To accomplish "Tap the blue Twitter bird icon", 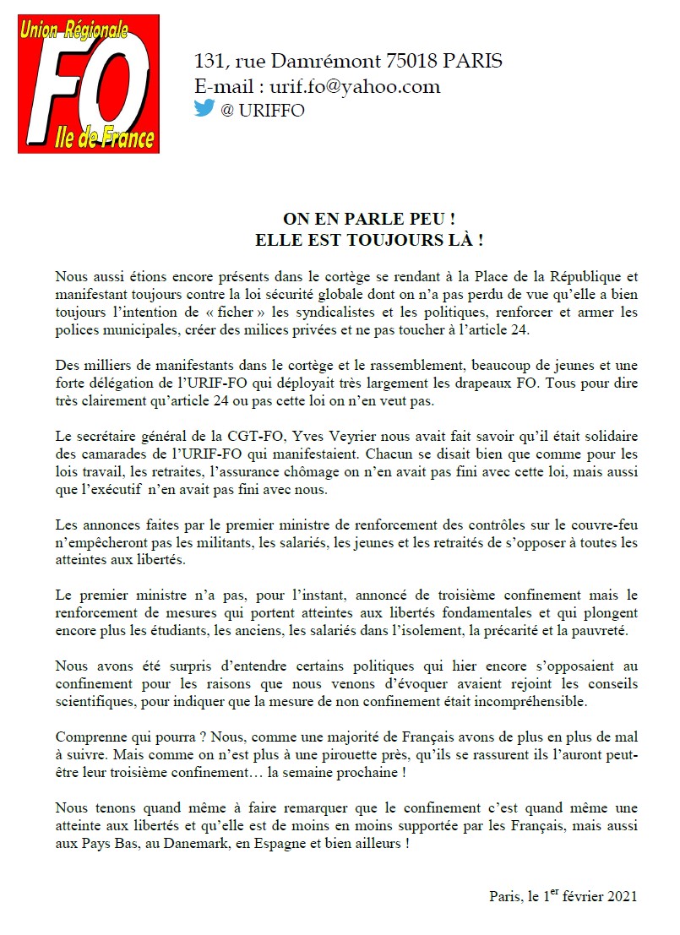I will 204,109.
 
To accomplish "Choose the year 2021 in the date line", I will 621,895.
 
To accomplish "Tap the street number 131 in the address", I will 210,62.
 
